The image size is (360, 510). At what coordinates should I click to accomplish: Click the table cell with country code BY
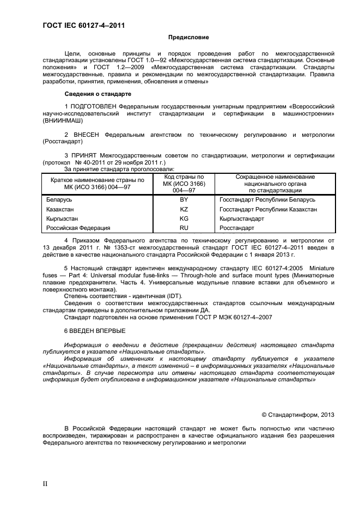click(x=184, y=199)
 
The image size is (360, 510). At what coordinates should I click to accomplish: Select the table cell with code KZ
click(x=184, y=209)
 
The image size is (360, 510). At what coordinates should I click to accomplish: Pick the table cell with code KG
click(x=184, y=218)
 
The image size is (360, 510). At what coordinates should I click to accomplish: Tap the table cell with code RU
click(x=184, y=228)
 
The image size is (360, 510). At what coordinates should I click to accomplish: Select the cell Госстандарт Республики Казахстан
click(x=267, y=209)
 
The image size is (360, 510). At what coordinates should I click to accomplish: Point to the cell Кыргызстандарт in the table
click(x=242, y=218)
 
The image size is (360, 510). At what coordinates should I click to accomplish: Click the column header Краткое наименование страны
click(x=97, y=184)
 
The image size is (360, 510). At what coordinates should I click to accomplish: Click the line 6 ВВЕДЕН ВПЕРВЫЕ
click(x=95, y=331)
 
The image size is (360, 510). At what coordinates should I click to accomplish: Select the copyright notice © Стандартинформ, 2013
click(x=298, y=415)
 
